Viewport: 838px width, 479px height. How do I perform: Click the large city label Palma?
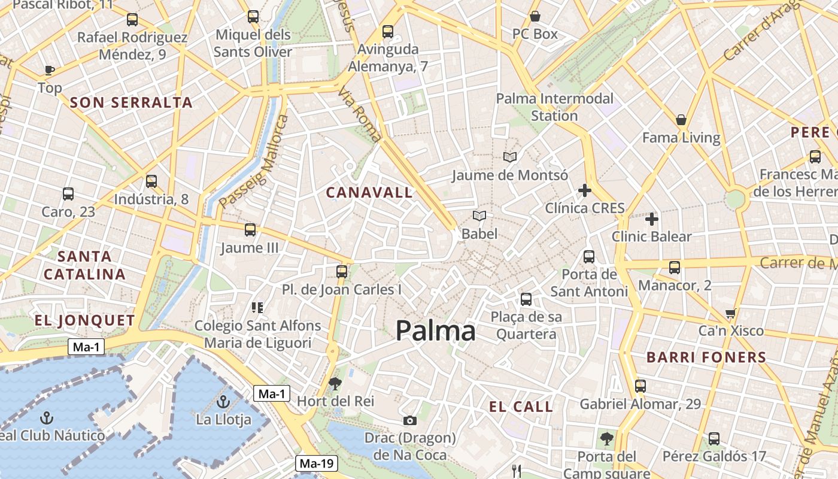[435, 331]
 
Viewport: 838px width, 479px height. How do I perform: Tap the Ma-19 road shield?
[317, 463]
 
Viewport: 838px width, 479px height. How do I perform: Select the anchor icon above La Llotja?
[223, 402]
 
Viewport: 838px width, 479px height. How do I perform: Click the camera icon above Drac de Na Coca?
[409, 420]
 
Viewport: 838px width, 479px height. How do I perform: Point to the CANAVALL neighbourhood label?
[369, 192]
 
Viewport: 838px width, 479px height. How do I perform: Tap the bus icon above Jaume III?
[250, 229]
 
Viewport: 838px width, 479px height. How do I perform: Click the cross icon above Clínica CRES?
[585, 191]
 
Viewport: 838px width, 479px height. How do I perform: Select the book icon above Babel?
[479, 216]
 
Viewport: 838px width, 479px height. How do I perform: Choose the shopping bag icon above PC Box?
[535, 16]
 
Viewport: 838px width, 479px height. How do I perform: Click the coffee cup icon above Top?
[50, 70]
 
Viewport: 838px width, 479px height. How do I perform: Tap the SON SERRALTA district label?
[132, 102]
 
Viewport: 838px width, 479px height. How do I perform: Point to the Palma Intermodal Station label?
[555, 107]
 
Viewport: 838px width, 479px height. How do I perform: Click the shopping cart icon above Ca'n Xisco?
[730, 313]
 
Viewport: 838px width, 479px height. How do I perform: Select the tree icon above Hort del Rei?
[335, 383]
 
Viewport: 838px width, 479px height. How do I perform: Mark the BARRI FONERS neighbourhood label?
[706, 357]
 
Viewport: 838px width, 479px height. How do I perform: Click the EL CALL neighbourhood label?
[521, 407]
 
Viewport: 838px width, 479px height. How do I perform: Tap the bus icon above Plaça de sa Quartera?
[526, 299]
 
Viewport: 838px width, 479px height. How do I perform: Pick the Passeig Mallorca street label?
[254, 162]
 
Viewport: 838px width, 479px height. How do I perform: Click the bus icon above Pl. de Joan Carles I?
[342, 272]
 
